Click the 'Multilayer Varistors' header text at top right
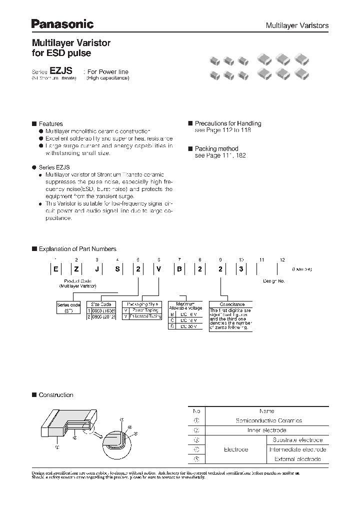point(296,25)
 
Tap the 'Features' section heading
point(50,123)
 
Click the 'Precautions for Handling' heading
point(227,123)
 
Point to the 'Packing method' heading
point(216,148)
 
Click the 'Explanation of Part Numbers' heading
point(77,248)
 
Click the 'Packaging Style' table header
point(142,303)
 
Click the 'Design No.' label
point(274,281)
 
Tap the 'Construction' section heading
point(55,395)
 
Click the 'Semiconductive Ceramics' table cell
point(268,420)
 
